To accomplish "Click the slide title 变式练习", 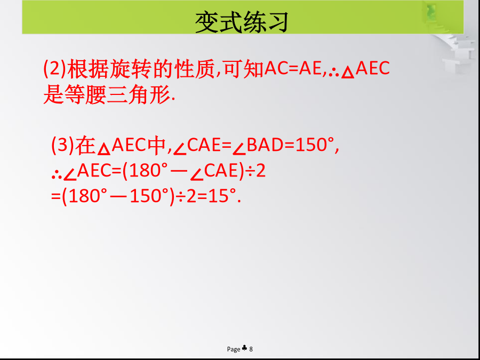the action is click(x=242, y=22).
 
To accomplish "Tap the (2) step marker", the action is click(x=55, y=69).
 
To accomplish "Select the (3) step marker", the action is click(x=63, y=145).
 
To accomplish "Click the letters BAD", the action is click(x=265, y=145).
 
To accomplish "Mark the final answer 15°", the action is click(x=223, y=196).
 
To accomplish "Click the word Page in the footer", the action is click(x=234, y=349).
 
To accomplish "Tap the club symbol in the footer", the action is click(x=244, y=348).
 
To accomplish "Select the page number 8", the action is click(x=251, y=349).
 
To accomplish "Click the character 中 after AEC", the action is click(x=156, y=145).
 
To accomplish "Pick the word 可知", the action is click(x=244, y=69).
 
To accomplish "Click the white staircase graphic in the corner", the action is click(x=456, y=49).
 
